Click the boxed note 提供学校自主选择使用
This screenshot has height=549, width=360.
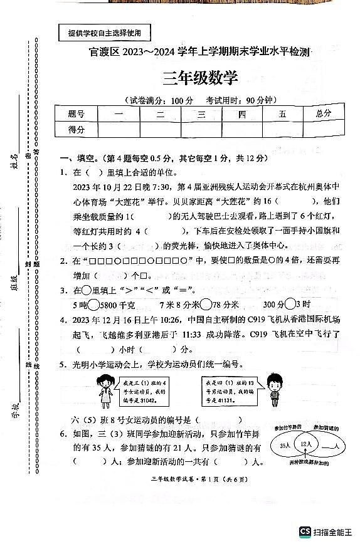[105, 33]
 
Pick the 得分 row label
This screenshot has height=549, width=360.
[76, 129]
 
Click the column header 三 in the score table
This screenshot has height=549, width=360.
[201, 114]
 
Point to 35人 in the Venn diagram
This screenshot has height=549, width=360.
[284, 445]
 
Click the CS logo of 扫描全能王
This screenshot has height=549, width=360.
[305, 531]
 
